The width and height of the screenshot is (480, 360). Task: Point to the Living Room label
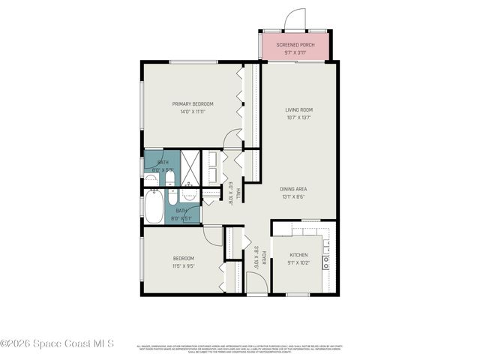pyautogui.click(x=298, y=110)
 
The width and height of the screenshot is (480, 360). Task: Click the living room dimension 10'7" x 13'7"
pyautogui.click(x=298, y=118)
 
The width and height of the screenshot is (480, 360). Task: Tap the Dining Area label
pyautogui.click(x=295, y=188)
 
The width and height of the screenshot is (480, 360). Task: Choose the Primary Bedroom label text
pyautogui.click(x=193, y=103)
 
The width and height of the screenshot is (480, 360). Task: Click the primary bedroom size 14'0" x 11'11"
pyautogui.click(x=193, y=112)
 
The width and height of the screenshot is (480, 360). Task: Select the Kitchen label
pyautogui.click(x=298, y=255)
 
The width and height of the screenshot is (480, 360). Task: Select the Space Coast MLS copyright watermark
pyautogui.click(x=57, y=344)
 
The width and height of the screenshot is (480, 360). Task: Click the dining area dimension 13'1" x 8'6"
pyautogui.click(x=295, y=196)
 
